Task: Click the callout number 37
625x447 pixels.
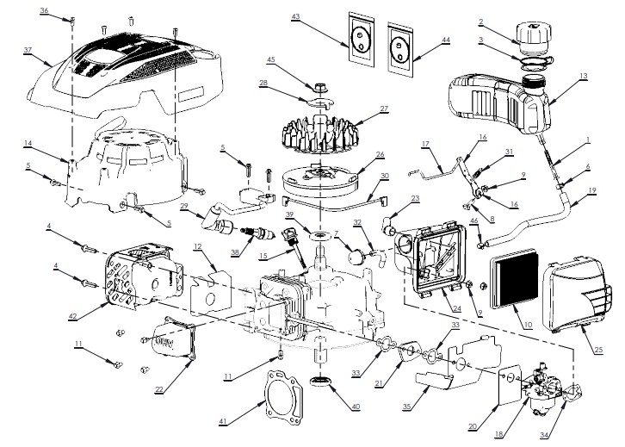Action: click(28, 51)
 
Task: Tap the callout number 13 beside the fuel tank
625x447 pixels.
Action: click(585, 77)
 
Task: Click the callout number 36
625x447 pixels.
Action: click(45, 9)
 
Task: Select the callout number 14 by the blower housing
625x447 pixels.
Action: click(28, 143)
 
